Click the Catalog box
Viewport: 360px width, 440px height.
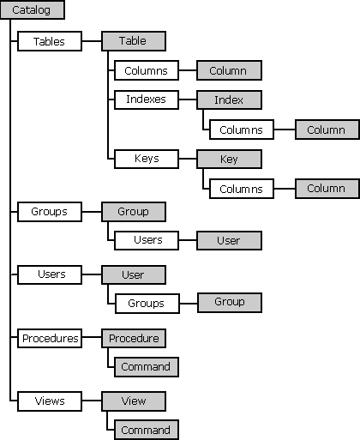click(x=33, y=9)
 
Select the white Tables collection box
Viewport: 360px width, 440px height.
click(x=50, y=41)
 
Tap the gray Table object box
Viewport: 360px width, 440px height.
click(x=134, y=41)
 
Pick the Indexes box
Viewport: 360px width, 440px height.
click(x=147, y=99)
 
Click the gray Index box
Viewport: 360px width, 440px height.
click(x=229, y=99)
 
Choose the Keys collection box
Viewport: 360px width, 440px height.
click(x=147, y=159)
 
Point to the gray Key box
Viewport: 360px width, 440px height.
click(x=229, y=159)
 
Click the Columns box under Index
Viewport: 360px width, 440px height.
click(x=242, y=130)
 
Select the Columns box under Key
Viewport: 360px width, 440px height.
click(x=242, y=189)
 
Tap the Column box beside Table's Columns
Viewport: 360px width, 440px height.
click(x=229, y=70)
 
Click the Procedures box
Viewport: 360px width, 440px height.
click(x=50, y=338)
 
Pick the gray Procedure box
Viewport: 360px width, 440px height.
click(x=134, y=338)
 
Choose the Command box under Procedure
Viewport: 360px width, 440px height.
click(x=147, y=367)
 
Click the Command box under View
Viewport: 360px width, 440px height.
click(x=147, y=430)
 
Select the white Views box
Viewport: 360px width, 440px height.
click(x=50, y=401)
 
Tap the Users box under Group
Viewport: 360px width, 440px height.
click(x=147, y=240)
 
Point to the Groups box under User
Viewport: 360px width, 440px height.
click(x=147, y=304)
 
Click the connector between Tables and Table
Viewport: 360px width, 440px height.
click(x=92, y=41)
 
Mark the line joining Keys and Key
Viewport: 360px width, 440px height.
click(x=188, y=159)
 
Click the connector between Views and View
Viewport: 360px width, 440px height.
click(x=92, y=401)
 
